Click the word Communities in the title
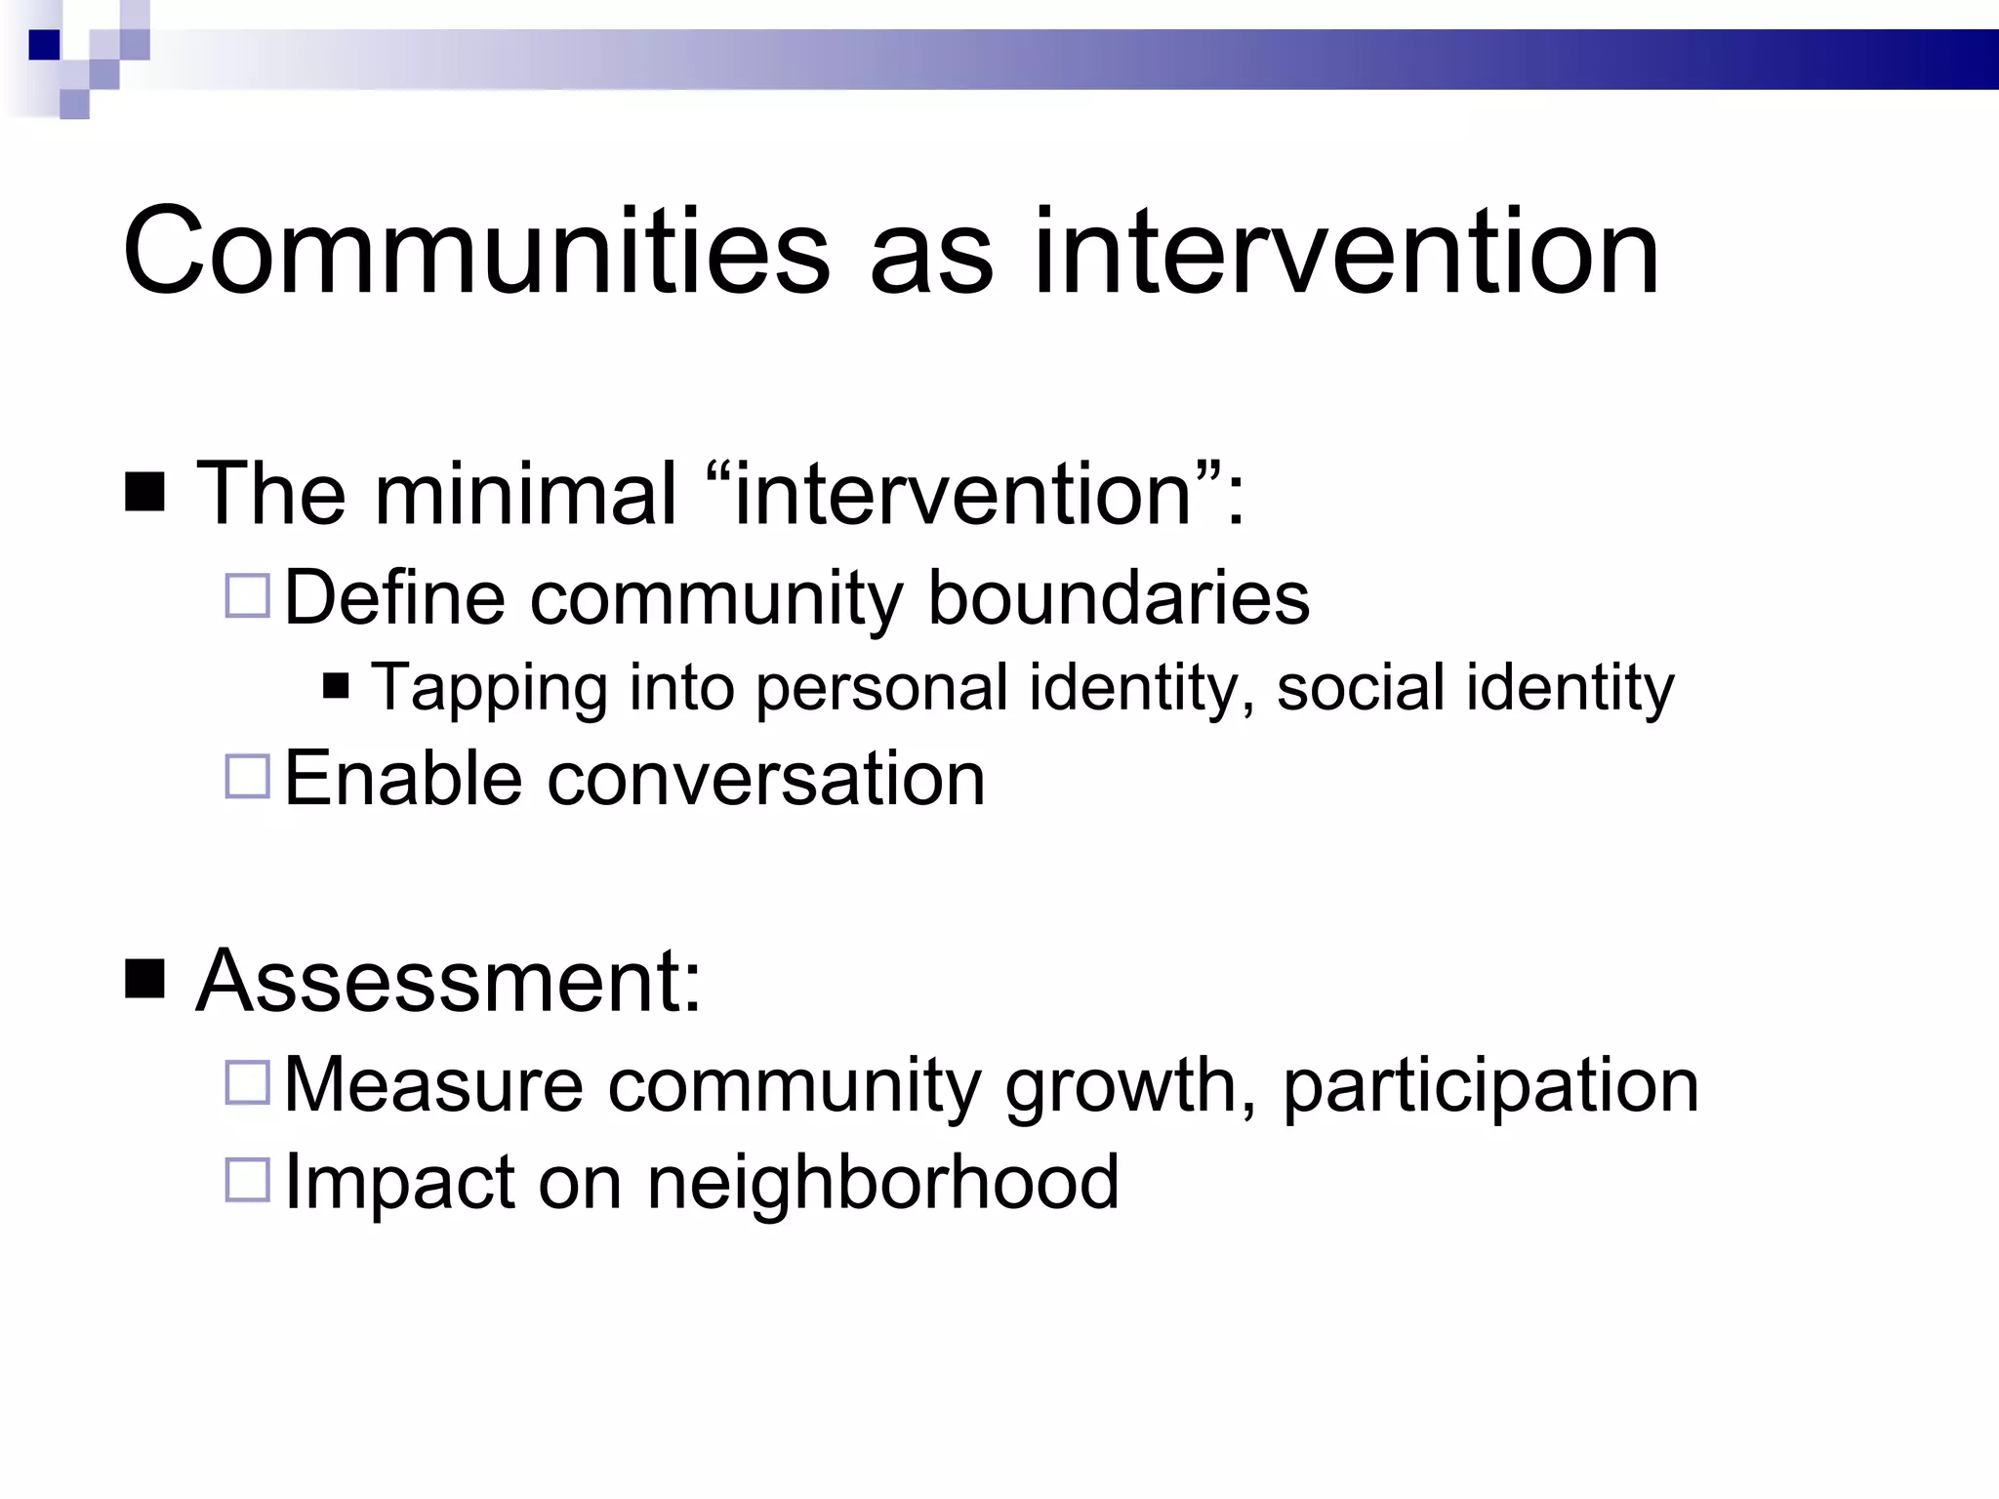(476, 253)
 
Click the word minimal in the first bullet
(525, 495)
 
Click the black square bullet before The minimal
(145, 493)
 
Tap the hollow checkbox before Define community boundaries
(247, 595)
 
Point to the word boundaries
(1118, 597)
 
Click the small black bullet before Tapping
(336, 687)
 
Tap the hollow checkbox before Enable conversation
(247, 777)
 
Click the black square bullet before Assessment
(145, 980)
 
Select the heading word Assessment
(448, 982)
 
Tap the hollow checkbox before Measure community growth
(247, 1082)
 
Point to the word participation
(1490, 1087)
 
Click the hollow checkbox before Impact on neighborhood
(247, 1179)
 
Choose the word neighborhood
(882, 1182)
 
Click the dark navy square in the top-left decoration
(45, 45)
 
